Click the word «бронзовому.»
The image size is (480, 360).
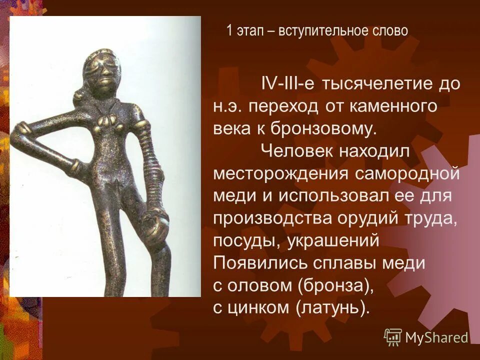[x=323, y=129]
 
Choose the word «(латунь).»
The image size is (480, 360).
[x=332, y=308]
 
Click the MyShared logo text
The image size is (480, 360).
[x=436, y=338]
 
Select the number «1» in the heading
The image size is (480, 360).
[x=229, y=31]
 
